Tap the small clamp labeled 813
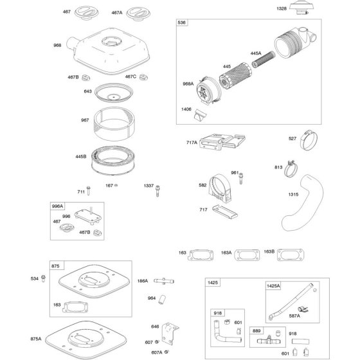291,168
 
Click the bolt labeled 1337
157,191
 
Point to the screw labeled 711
89,190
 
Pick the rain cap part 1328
301,9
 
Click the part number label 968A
188,84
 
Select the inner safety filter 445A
264,59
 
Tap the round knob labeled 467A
138,14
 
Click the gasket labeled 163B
291,255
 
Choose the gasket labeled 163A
247,255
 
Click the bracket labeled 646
170,334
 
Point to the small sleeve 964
162,300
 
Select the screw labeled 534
43,278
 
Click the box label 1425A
273,286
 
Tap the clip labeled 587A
303,310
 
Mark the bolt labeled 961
241,178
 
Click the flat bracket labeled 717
225,212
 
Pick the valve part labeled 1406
200,115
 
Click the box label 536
181,22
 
